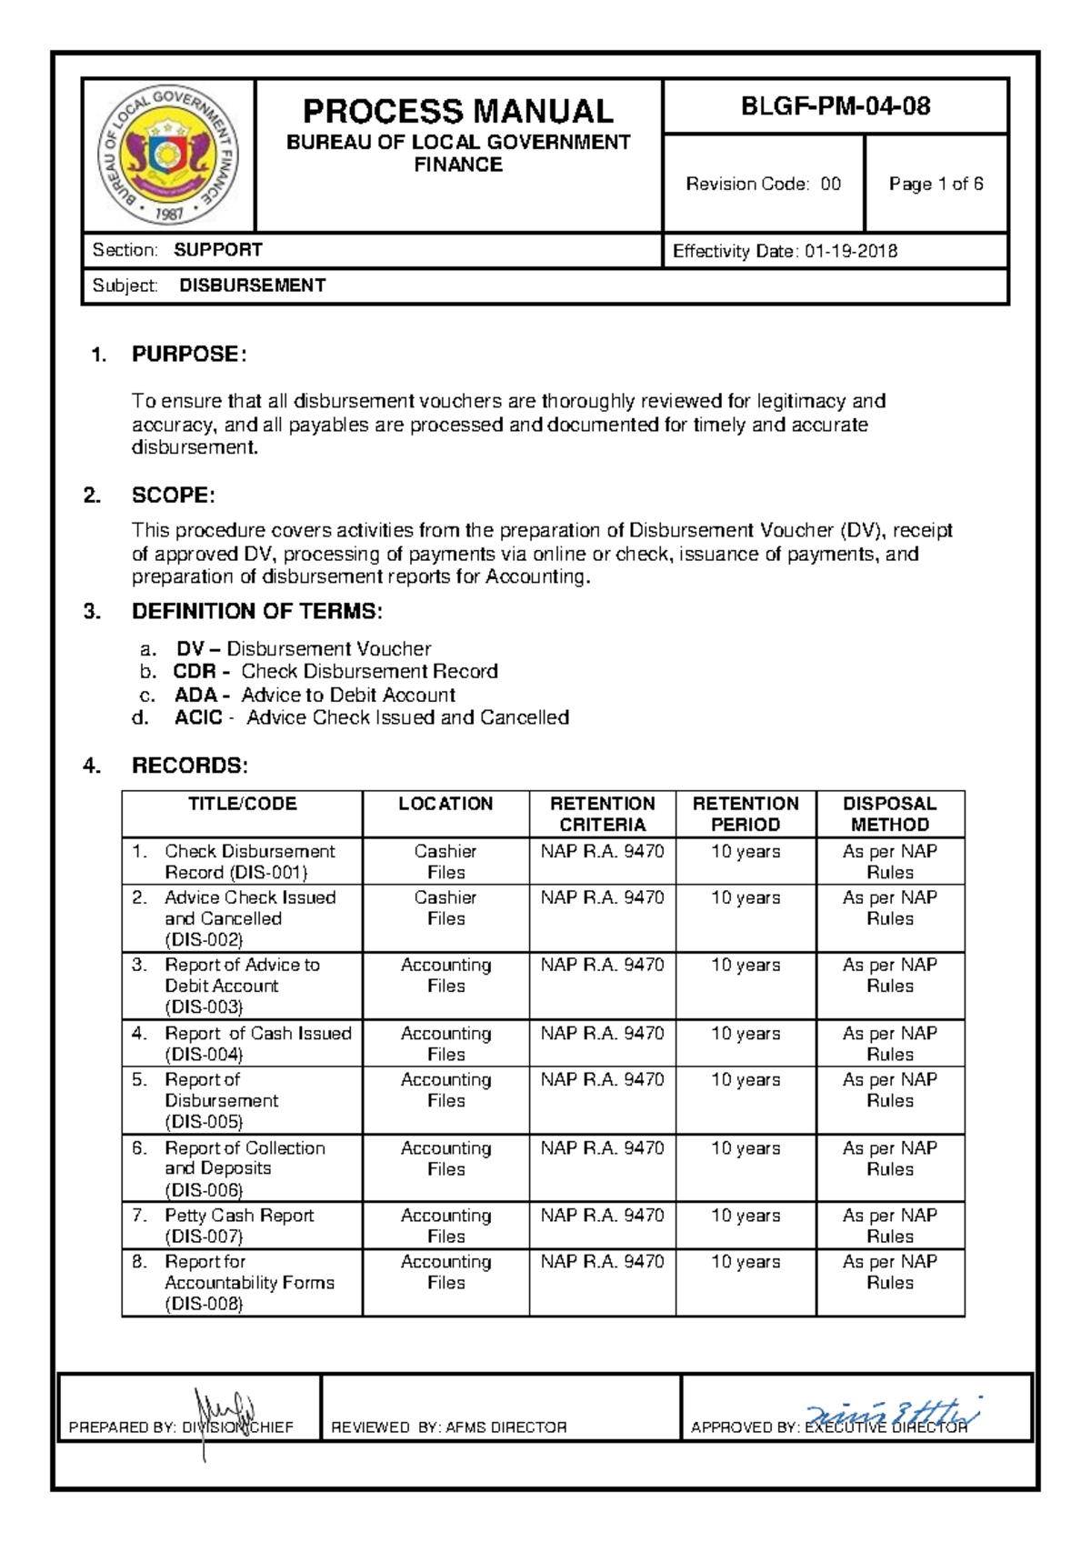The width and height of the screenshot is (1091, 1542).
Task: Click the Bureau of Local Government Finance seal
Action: [168, 155]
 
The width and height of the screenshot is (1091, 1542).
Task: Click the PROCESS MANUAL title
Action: [457, 111]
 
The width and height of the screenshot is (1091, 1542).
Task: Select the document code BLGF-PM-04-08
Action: [836, 106]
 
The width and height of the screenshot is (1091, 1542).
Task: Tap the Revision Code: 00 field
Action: [763, 184]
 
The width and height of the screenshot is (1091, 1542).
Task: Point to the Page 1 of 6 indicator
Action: [936, 184]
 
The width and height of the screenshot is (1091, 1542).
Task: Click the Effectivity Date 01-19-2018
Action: [785, 251]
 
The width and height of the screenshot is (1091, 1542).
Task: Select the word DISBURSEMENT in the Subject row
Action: [252, 285]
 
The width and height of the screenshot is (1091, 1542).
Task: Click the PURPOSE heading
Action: [188, 354]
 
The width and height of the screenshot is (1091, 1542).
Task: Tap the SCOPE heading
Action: [173, 496]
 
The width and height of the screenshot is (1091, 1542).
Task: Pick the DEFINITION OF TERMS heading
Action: [257, 611]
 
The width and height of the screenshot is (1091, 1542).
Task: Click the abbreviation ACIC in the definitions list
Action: [198, 717]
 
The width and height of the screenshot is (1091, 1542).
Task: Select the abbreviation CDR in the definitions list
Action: [195, 671]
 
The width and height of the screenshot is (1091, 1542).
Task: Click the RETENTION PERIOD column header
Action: [746, 814]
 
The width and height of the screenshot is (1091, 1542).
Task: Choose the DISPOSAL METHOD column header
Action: [889, 814]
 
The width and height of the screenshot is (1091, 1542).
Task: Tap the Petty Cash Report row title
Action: [238, 1216]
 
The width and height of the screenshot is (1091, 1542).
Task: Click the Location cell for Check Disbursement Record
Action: [445, 861]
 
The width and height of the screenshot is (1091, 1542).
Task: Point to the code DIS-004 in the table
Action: [204, 1055]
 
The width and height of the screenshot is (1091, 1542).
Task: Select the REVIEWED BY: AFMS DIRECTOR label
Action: [449, 1427]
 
